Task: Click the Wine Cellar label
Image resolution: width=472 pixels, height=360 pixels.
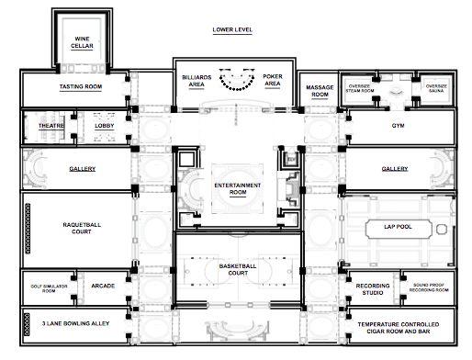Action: click(x=82, y=42)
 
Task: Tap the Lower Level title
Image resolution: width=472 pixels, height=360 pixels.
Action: click(x=232, y=29)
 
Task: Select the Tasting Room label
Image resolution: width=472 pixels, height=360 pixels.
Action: click(x=81, y=86)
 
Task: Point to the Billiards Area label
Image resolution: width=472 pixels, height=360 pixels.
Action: click(x=197, y=81)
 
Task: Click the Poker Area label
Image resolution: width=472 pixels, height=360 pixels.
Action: click(x=273, y=80)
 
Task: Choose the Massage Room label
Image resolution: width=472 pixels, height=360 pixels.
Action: click(x=320, y=91)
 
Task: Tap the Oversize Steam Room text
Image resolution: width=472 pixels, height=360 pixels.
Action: click(x=360, y=88)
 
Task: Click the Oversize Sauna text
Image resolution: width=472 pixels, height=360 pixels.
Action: click(x=436, y=88)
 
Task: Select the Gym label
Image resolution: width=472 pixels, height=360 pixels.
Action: click(x=398, y=126)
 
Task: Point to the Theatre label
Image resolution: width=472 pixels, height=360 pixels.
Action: click(x=51, y=126)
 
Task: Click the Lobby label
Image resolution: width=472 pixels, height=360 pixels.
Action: click(x=105, y=126)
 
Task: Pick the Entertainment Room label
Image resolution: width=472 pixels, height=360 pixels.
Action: click(x=238, y=189)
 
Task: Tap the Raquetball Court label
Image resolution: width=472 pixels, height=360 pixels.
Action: click(x=82, y=228)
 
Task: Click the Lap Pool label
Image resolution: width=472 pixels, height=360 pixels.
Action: click(x=398, y=227)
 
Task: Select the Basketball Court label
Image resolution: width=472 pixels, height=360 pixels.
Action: click(x=238, y=269)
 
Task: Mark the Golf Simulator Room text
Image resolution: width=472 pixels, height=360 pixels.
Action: click(x=49, y=288)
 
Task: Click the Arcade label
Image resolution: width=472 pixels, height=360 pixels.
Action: click(x=103, y=286)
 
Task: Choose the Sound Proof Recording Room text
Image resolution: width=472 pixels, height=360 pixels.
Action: click(x=429, y=287)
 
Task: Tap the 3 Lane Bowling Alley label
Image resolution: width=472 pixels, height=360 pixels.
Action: click(x=75, y=323)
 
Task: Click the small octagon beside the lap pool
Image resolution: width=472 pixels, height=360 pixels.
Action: click(x=442, y=229)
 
